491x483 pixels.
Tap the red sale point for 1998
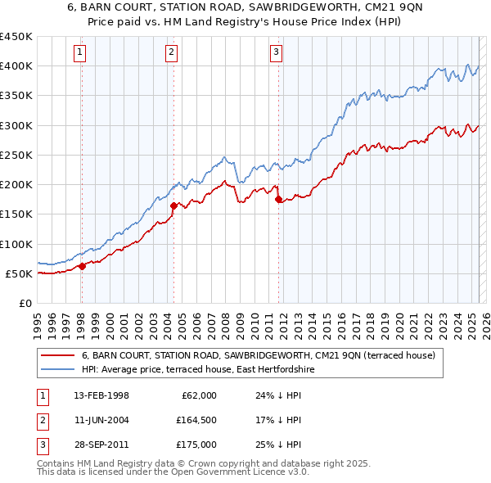83,265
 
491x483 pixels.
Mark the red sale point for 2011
279,199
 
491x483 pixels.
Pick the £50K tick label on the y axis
20,273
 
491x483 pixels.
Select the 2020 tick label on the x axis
398,319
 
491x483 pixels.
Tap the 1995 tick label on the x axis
38,319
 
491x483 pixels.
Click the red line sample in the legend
57,355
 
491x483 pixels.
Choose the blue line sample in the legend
57,370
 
